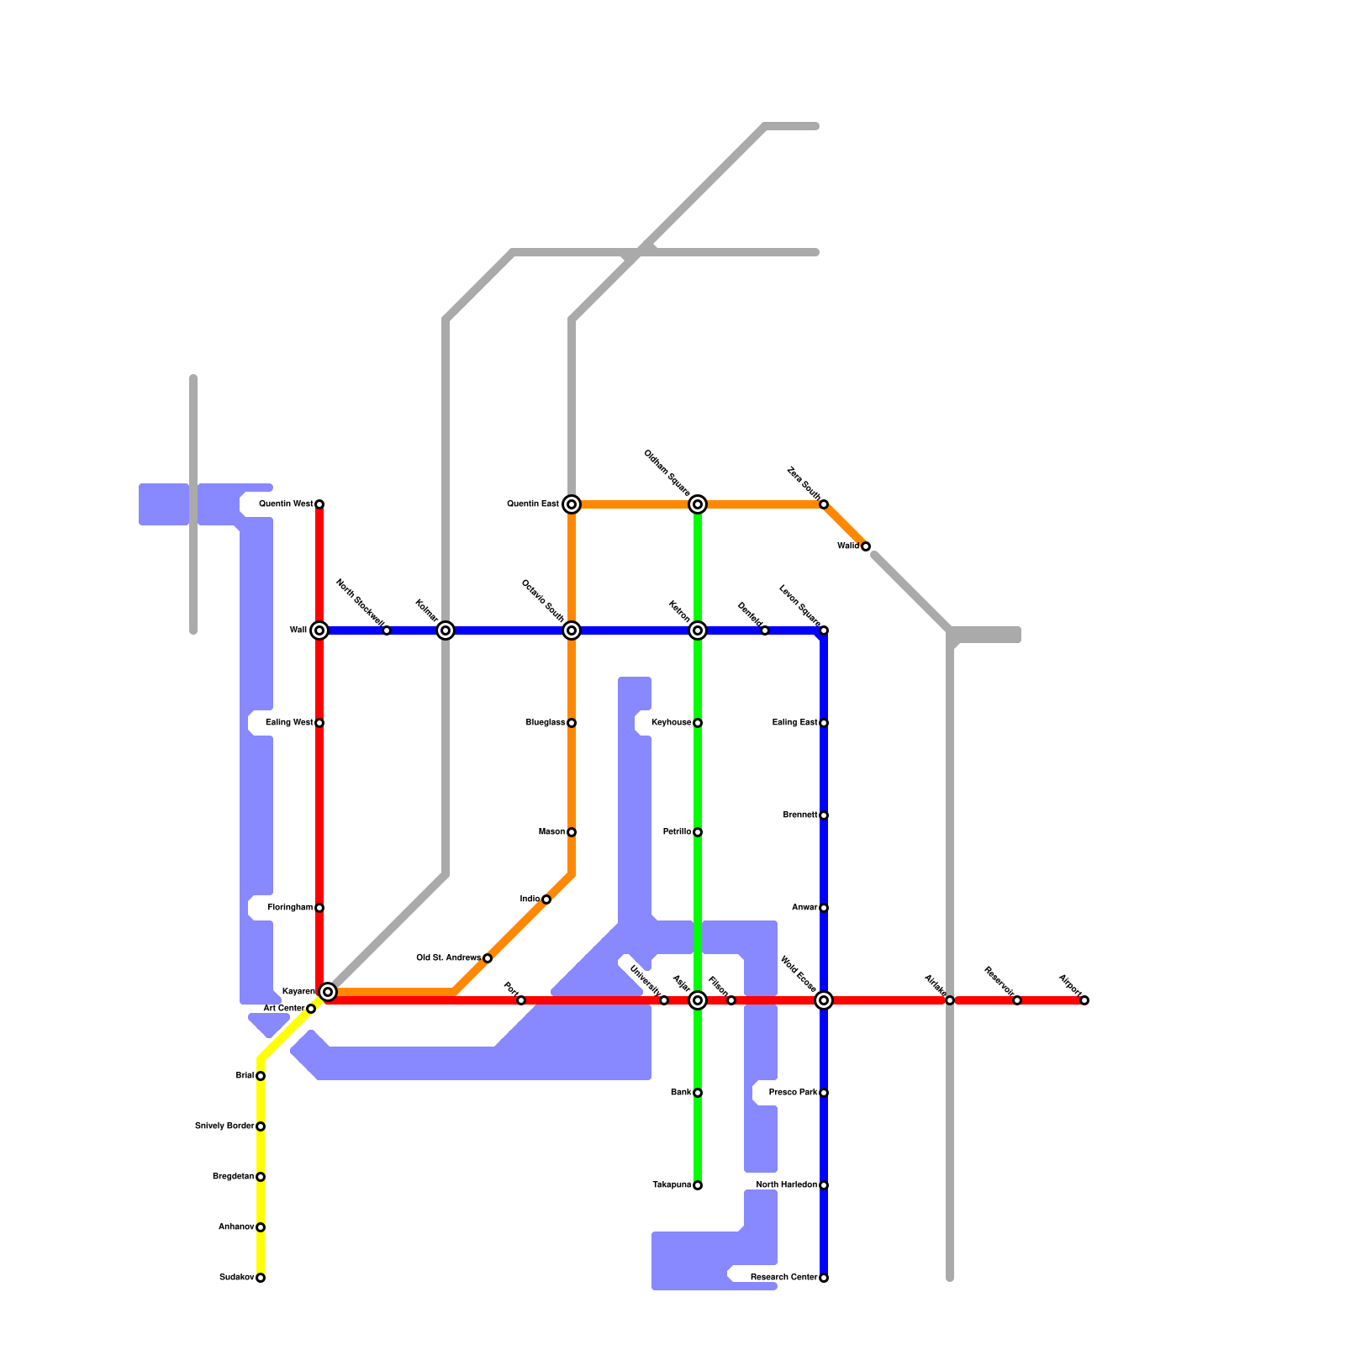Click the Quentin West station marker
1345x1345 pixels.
pos(319,504)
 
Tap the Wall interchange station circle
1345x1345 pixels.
pos(319,630)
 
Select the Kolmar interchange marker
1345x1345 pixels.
pos(446,630)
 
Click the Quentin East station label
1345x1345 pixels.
pos(532,504)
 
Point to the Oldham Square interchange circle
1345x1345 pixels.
pos(698,504)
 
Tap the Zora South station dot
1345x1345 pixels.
pos(824,504)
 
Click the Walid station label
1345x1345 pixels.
pos(847,546)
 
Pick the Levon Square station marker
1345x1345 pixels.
pos(824,630)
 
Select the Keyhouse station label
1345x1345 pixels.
pos(671,723)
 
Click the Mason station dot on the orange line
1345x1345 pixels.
pos(572,832)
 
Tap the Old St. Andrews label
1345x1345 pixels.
pos(449,958)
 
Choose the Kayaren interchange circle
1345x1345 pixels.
pos(329,992)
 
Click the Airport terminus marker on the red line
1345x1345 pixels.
pos(1084,1000)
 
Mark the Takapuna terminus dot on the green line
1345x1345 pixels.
pos(698,1185)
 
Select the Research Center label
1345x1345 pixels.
pos(783,1278)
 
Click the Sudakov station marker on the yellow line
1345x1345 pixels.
pos(261,1278)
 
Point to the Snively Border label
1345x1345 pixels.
pos(224,1126)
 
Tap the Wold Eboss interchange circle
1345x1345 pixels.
pos(824,1000)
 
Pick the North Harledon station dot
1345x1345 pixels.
pos(824,1185)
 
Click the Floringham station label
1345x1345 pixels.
pos(290,908)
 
